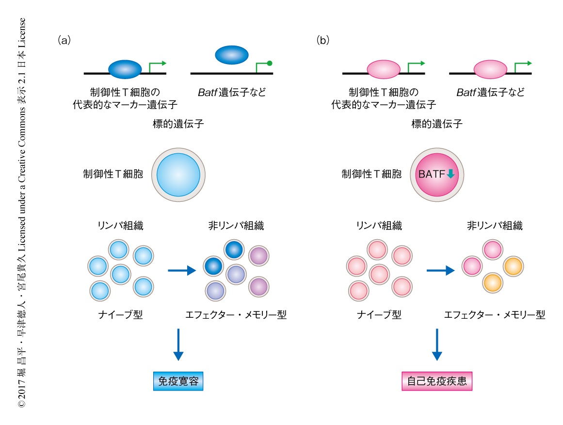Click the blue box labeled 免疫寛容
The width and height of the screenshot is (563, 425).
178,381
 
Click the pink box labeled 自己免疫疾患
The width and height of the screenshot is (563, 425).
437,381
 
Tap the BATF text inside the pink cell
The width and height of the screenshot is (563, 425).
432,174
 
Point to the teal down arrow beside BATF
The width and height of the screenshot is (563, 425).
450,174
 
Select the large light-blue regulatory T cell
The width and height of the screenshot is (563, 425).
178,174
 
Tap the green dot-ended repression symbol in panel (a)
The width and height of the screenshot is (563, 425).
270,63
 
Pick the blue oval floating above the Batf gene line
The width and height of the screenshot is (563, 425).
231,54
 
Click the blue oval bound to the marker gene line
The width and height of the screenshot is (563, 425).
125,69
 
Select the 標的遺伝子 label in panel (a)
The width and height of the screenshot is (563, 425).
178,124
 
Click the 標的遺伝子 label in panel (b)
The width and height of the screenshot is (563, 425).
437,124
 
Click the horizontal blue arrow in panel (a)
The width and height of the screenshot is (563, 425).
182,270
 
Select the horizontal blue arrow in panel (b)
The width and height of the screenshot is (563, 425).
440,270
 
